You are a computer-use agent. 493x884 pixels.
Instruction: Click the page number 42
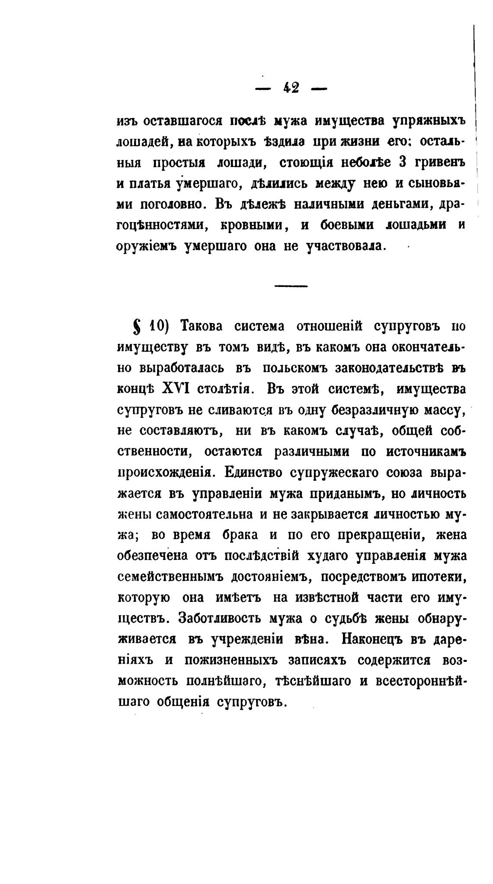coord(291,88)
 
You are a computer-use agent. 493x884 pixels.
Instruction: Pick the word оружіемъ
coord(147,247)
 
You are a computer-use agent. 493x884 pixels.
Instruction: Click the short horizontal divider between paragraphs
coord(291,286)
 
